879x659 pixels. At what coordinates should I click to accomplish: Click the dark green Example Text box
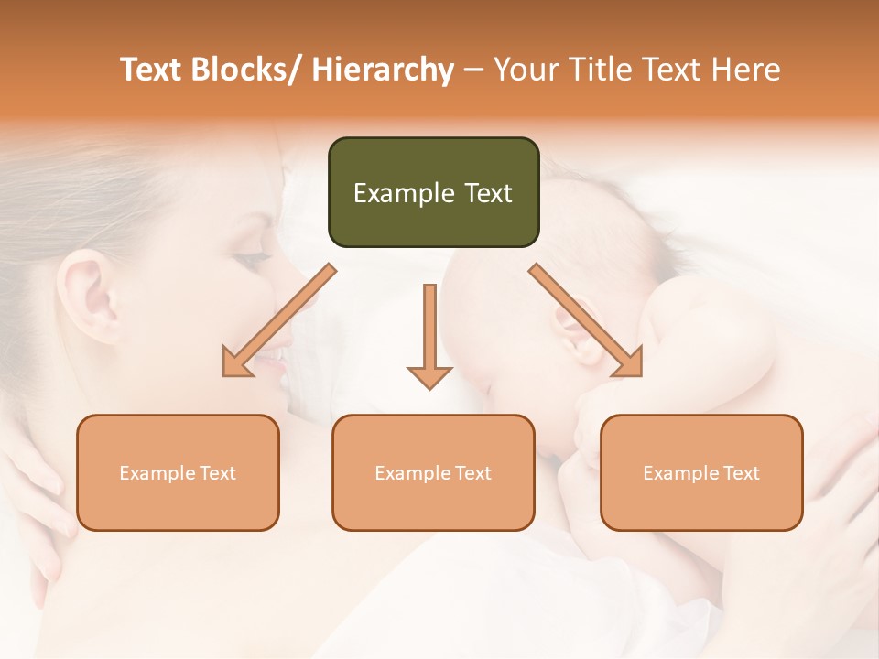click(x=433, y=192)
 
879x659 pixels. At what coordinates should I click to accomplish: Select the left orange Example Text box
click(x=178, y=472)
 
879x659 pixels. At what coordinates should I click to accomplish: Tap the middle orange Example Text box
click(x=433, y=472)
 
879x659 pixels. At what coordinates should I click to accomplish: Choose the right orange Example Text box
click(x=701, y=472)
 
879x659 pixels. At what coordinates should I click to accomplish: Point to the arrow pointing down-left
click(x=278, y=320)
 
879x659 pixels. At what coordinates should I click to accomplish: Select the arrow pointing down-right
click(x=586, y=320)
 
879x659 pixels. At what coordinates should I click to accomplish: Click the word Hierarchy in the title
click(x=382, y=70)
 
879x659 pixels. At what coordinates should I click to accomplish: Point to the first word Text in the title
click(x=152, y=70)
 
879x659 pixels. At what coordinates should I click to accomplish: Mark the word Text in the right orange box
click(x=742, y=473)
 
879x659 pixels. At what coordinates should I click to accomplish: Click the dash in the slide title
click(x=473, y=70)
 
